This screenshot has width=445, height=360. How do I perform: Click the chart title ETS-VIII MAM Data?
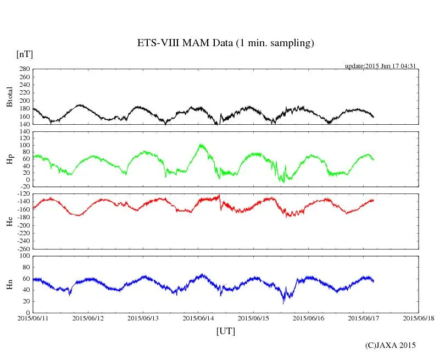[225, 43]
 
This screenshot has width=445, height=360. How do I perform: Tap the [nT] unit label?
[24, 54]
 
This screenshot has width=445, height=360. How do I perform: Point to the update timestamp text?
[380, 66]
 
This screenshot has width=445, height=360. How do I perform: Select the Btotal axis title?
[9, 97]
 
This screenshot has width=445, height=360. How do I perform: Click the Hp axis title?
[9, 159]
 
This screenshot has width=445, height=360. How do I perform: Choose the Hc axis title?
[9, 221]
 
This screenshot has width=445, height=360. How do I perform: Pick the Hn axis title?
[9, 284]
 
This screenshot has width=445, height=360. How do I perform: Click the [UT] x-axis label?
[225, 331]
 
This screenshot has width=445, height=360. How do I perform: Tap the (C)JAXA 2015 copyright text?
[391, 345]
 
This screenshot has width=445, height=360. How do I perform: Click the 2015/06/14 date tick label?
[199, 318]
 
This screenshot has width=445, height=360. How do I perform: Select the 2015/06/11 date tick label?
[34, 318]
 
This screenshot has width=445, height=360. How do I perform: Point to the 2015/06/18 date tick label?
[419, 318]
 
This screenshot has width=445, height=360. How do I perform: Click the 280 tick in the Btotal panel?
[23, 69]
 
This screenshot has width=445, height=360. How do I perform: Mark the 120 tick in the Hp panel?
[23, 132]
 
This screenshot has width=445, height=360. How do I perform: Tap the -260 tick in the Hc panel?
[21, 248]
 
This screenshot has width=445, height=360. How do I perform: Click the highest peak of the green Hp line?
[201, 145]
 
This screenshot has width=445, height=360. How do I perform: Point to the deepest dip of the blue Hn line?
[283, 303]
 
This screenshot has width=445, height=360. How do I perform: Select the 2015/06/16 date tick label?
[309, 318]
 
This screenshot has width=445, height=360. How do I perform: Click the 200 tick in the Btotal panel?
[23, 101]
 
